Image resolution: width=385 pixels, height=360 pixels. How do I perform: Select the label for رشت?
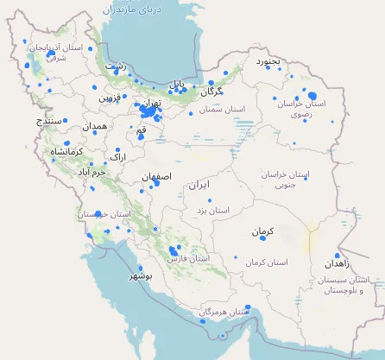114,66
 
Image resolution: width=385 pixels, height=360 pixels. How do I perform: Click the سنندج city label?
49,122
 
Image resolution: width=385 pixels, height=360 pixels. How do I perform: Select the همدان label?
95,126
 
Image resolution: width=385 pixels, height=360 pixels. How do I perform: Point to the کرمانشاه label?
67,152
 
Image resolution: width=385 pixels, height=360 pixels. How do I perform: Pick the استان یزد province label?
212,210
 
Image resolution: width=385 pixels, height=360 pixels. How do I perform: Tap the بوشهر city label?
141,276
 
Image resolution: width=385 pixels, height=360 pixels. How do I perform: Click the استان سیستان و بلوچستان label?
348,286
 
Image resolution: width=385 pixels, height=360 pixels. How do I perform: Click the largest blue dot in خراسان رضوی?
312,97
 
